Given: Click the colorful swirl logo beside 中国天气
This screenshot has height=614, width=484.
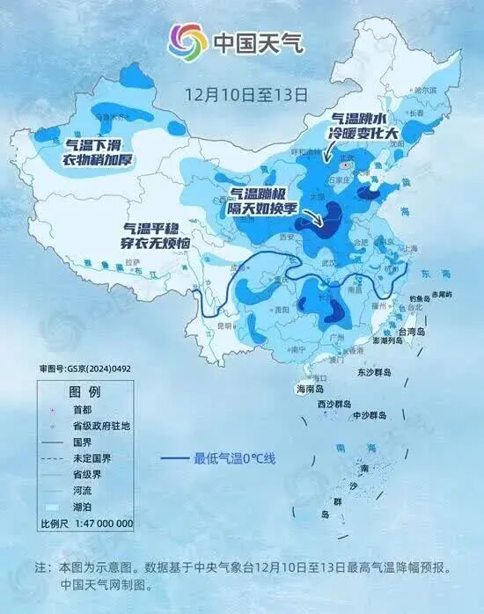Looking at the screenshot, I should (187, 40).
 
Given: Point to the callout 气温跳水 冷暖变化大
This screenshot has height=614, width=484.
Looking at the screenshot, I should (365, 126).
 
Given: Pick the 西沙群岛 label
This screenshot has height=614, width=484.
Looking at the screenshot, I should (334, 404).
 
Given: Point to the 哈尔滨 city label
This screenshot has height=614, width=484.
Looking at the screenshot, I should (422, 90).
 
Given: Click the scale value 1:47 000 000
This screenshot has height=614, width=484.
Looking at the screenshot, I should (99, 523).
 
